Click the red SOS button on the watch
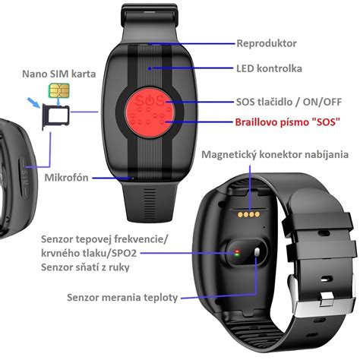150,113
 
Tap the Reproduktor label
267,43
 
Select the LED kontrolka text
269,68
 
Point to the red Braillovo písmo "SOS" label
287,122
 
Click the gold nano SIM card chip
59,90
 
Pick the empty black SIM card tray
56,116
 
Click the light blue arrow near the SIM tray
34,103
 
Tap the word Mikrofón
66,178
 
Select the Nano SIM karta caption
59,74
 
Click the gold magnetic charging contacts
248,215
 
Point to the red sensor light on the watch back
237,251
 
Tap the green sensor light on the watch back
237,255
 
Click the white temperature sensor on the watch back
257,252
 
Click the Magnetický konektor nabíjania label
275,154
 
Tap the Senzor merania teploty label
122,298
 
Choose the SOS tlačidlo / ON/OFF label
289,102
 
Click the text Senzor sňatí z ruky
85,267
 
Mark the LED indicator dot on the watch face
150,68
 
